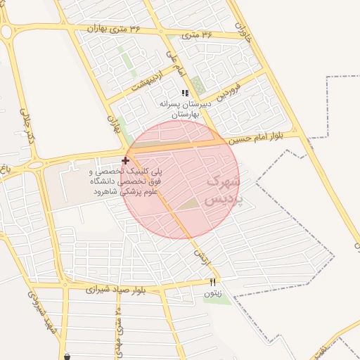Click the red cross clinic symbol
click(126, 161)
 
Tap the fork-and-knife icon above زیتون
click(213, 281)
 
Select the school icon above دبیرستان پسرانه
click(185, 92)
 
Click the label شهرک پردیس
click(223, 190)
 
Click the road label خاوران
click(243, 32)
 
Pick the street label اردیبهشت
click(149, 84)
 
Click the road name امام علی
click(174, 62)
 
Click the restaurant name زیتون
click(212, 293)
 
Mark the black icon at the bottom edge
click(67, 356)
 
